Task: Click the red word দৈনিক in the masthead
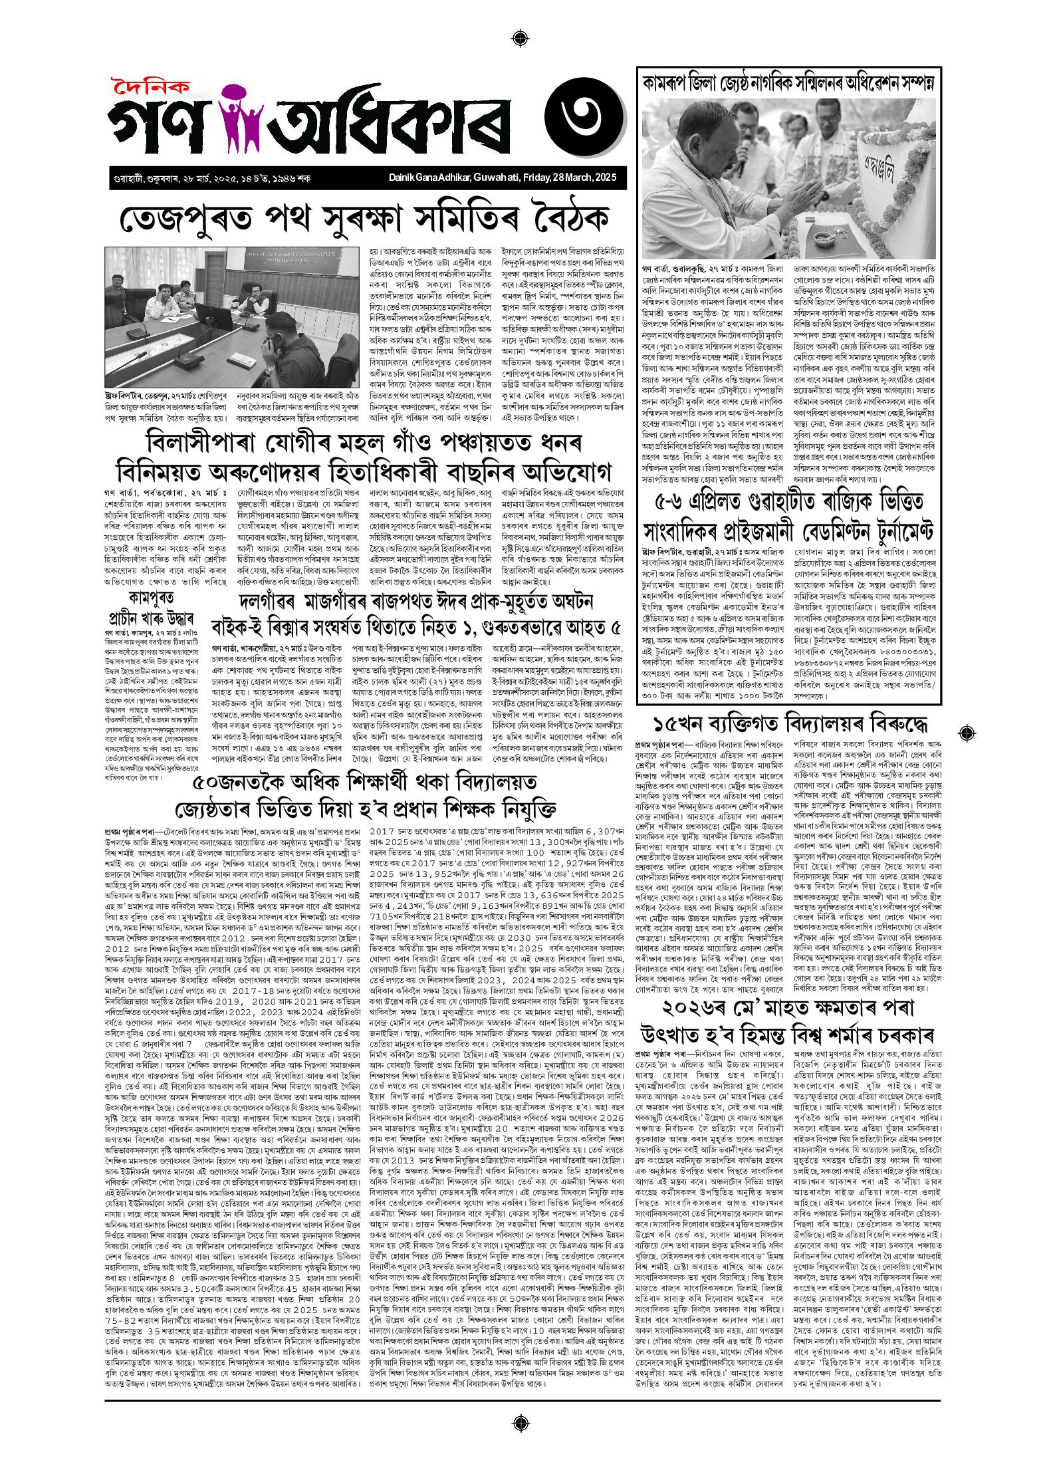point(151,88)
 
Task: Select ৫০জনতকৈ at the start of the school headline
point(237,783)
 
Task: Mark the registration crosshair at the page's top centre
point(522,37)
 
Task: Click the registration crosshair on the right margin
point(968,733)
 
